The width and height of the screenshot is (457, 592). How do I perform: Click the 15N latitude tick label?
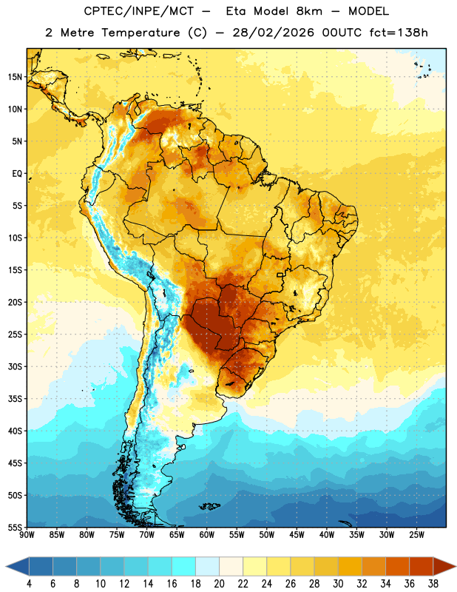15,77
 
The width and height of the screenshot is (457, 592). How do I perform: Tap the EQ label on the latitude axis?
17,174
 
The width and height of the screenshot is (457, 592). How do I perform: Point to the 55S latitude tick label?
15,527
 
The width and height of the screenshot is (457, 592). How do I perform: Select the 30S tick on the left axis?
15,366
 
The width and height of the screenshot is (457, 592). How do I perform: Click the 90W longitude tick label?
27,535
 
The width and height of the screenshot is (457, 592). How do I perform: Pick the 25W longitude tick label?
416,535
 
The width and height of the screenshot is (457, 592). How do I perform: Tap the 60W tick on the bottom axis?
207,535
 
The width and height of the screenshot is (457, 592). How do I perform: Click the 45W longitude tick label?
297,535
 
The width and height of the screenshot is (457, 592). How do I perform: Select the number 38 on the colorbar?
433,584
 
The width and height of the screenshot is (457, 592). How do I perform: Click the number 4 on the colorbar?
29,584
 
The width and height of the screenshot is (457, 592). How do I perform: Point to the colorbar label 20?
219,584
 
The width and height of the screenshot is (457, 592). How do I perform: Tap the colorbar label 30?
338,584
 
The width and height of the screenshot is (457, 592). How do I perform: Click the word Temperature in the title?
141,33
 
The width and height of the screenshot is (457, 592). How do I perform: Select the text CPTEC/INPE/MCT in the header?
139,11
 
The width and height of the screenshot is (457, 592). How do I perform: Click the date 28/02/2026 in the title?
273,33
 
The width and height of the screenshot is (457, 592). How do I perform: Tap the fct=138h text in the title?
399,33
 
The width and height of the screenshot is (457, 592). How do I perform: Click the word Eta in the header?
236,11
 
